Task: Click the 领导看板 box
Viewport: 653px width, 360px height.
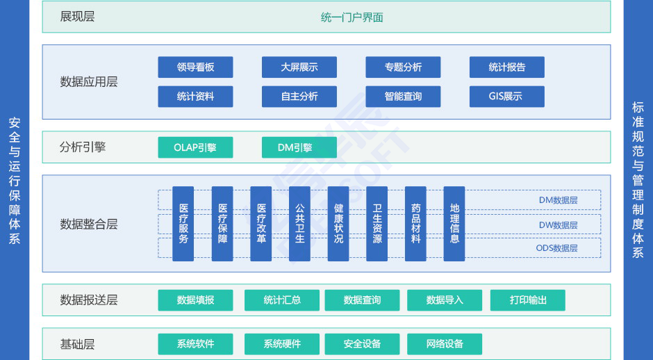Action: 195,67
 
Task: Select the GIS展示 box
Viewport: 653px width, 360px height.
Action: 507,96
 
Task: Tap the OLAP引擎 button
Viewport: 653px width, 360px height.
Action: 195,147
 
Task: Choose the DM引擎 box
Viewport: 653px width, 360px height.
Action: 299,147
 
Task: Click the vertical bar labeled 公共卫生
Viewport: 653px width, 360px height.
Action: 299,224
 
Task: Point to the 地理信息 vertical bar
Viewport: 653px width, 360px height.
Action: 454,224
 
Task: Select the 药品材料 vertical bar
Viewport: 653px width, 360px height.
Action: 415,224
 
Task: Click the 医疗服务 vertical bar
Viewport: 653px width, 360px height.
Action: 183,224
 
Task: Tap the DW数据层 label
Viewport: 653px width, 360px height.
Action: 558,225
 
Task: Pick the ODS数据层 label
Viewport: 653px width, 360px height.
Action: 556,248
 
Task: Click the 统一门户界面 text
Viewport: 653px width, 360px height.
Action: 352,17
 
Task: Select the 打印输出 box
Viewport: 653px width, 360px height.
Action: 528,300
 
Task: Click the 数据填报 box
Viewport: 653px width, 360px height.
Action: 195,300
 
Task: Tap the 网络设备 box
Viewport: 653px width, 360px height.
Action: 445,344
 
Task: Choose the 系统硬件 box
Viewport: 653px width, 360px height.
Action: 282,344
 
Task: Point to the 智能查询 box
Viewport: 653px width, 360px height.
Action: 403,96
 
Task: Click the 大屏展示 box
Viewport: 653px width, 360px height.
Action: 299,67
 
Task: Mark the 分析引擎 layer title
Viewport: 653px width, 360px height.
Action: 83,147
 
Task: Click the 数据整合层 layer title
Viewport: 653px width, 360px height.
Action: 89,224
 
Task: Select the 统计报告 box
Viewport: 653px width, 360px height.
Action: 507,67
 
